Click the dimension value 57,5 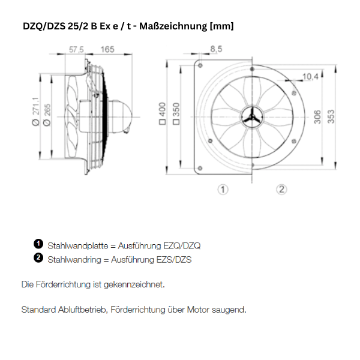coord(76,49)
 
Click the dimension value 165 coord(107,49)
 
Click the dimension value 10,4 coord(310,76)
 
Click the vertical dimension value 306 coord(318,116)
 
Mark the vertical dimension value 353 coord(331,116)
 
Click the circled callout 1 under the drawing coord(223,190)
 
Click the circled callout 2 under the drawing coord(281,190)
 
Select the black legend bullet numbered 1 coord(38,244)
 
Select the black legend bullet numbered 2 coord(38,258)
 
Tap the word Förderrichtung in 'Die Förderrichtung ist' coord(64,284)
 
